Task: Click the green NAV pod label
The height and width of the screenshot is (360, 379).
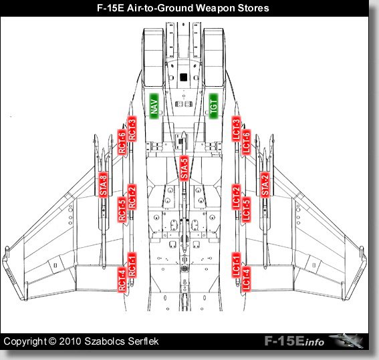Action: [154, 106]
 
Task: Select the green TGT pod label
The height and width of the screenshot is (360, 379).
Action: [213, 106]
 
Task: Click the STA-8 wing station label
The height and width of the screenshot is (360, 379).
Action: [103, 184]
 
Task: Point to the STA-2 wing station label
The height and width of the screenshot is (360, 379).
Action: [265, 184]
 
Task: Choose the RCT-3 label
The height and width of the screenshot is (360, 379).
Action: [132, 129]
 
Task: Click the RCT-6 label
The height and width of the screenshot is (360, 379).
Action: [122, 142]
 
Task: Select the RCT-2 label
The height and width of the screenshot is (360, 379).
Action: [132, 197]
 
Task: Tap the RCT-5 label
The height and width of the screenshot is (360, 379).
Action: [122, 210]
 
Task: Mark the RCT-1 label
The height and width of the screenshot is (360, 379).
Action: [132, 265]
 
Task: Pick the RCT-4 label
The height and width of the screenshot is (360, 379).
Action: [122, 279]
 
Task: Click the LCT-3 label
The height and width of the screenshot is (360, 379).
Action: [237, 129]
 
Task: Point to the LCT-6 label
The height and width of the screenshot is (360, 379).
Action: [246, 142]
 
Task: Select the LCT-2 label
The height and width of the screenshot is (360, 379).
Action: [237, 197]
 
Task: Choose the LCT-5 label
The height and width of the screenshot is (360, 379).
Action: [246, 210]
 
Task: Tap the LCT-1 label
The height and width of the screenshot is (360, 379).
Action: [237, 265]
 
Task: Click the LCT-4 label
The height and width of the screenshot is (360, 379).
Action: [246, 279]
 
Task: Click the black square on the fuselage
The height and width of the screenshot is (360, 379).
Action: [184, 77]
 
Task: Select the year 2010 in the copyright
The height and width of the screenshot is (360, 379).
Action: [70, 341]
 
